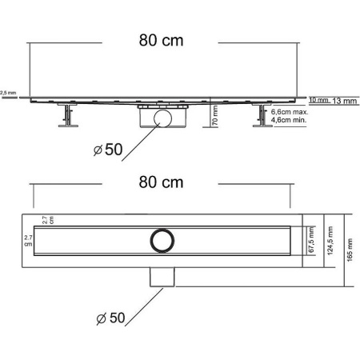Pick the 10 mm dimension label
[x=318, y=100]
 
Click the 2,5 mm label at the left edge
[x=7, y=93]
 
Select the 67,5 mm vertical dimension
[x=310, y=240]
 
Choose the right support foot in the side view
[x=260, y=118]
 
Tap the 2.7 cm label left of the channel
[x=29, y=241]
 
